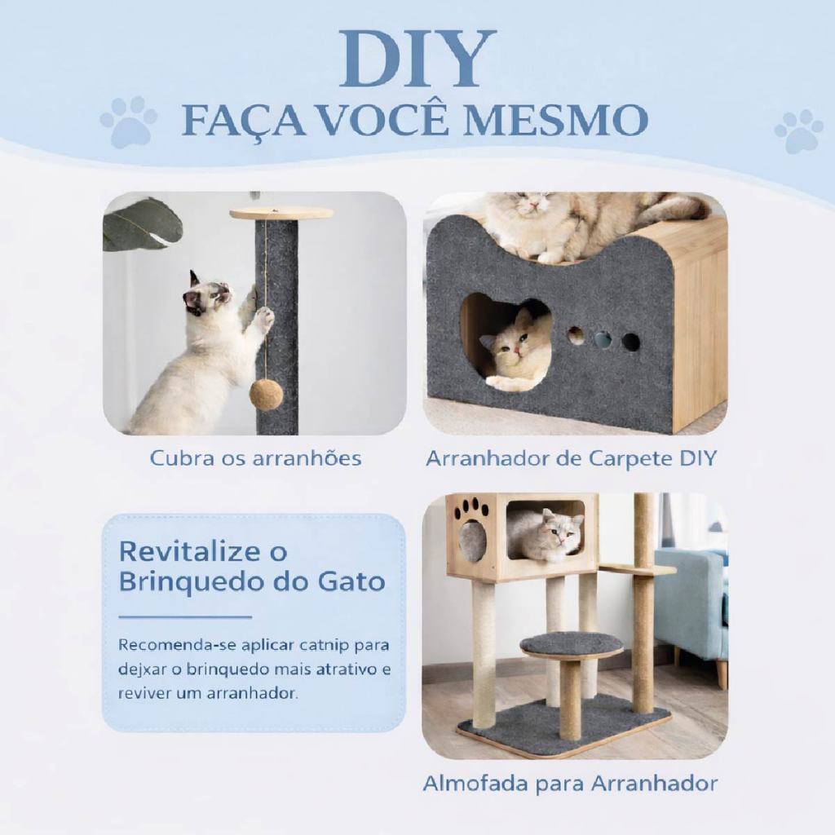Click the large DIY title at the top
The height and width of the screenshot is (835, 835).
[x=418, y=59]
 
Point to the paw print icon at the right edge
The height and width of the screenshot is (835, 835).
[x=799, y=131]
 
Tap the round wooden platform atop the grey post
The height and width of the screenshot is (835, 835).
[x=281, y=214]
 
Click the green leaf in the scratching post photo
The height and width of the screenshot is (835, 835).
[x=143, y=224]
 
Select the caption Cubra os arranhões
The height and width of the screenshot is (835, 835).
[x=255, y=458]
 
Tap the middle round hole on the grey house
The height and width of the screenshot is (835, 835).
[x=603, y=340]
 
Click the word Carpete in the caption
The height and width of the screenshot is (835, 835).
[x=629, y=459]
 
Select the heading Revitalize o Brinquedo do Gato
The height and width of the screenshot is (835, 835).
[x=251, y=566]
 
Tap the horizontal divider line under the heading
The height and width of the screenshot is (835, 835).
[x=185, y=617]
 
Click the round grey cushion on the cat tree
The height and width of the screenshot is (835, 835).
[x=572, y=644]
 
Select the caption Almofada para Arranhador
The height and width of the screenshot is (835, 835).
[x=570, y=784]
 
